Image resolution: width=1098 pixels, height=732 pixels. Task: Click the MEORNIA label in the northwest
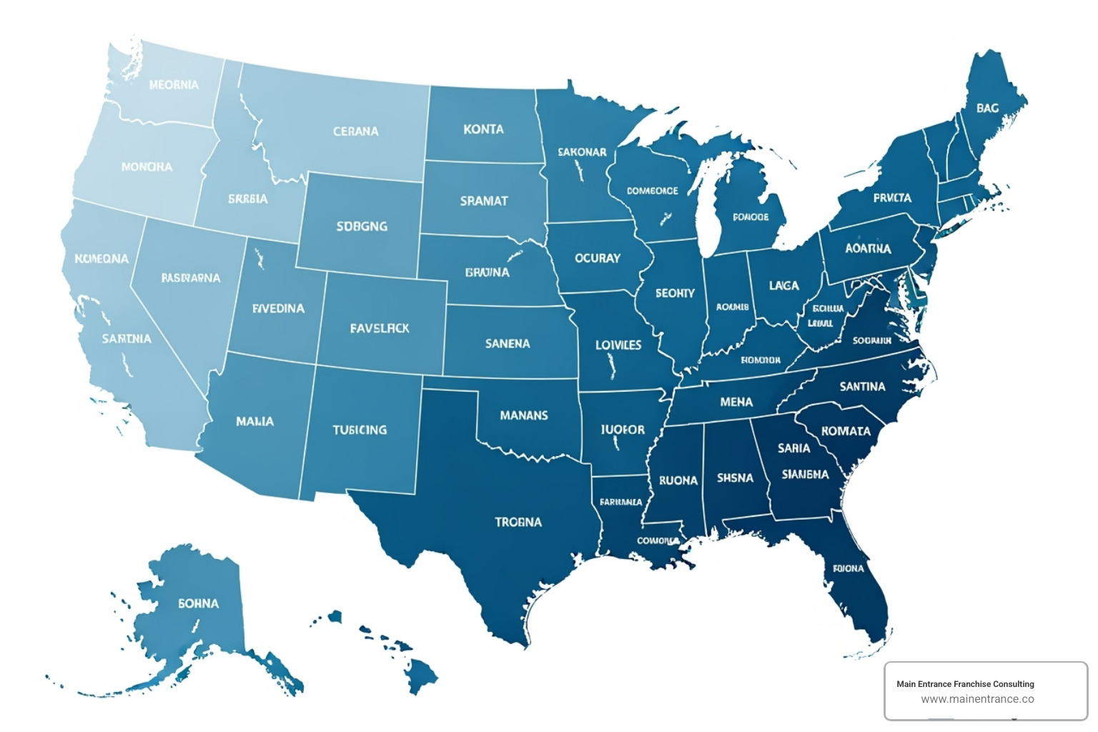tap(174, 85)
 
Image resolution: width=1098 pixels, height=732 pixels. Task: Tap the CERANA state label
tap(355, 132)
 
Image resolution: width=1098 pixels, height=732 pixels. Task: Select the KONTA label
tap(483, 129)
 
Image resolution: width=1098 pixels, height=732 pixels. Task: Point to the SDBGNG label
tap(362, 227)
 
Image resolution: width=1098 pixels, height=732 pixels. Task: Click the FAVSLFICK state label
tap(380, 328)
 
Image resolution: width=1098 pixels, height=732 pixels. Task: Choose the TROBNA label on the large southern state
tap(518, 522)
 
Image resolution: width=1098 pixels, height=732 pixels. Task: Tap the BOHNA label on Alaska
tap(198, 603)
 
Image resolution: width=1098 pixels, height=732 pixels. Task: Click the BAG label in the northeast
tap(987, 108)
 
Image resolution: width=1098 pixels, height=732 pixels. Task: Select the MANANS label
tap(524, 415)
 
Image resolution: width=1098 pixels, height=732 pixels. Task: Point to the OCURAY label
tap(598, 258)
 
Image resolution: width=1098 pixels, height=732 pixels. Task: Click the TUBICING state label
tap(360, 430)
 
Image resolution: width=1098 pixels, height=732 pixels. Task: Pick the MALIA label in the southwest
tap(254, 421)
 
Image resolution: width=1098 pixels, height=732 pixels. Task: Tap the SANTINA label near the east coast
tap(862, 386)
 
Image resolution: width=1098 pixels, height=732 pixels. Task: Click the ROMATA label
tap(846, 431)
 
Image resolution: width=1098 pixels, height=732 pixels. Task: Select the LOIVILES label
tap(618, 345)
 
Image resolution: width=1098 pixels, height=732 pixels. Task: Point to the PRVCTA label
tap(892, 197)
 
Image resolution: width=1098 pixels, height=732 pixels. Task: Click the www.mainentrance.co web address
tap(977, 699)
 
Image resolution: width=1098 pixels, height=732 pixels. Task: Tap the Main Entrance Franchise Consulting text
tap(965, 684)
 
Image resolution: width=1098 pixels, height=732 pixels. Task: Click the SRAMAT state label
tap(483, 201)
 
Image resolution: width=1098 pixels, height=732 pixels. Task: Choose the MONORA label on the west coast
tap(147, 167)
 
